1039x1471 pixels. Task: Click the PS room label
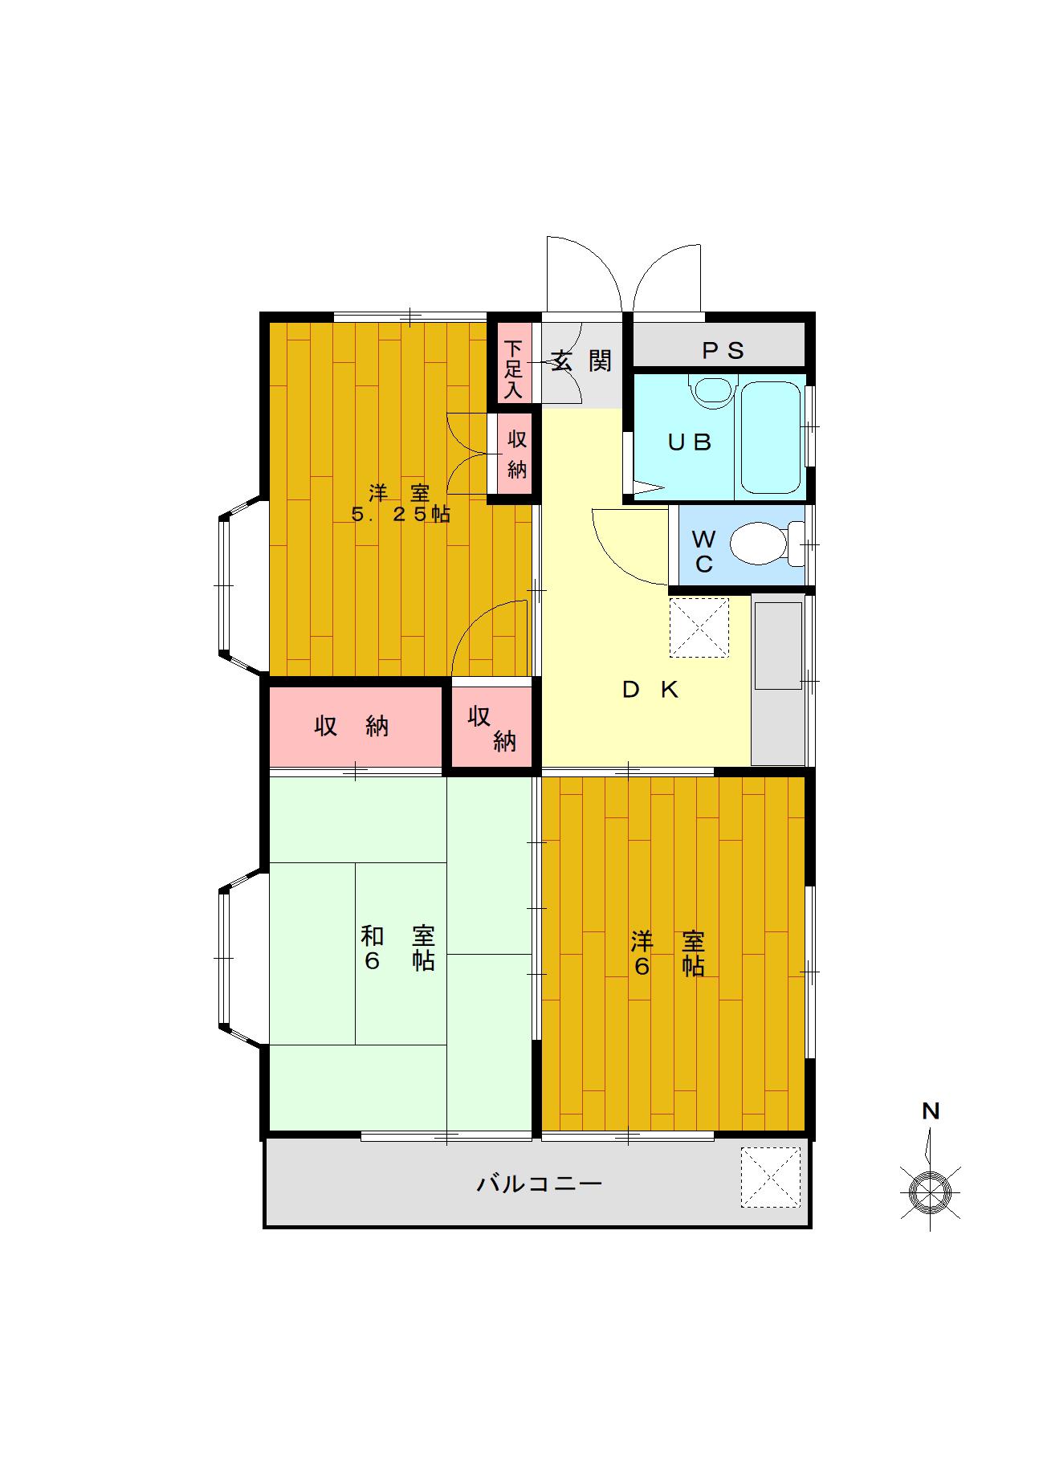[x=723, y=351]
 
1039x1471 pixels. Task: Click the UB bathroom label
[x=690, y=442]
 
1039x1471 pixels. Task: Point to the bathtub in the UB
[x=771, y=438]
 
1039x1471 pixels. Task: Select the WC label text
[x=703, y=551]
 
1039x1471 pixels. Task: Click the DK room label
[x=651, y=689]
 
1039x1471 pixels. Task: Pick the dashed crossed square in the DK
[x=699, y=627]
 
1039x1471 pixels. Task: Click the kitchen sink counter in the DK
[x=778, y=679]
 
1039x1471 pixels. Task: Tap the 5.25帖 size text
[x=401, y=515]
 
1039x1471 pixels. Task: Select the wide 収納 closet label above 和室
[x=352, y=726]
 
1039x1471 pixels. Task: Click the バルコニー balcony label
[x=539, y=1184]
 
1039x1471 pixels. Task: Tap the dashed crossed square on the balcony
[x=771, y=1177]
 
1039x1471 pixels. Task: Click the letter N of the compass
[x=931, y=1111]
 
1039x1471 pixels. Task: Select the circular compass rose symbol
[x=930, y=1192]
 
